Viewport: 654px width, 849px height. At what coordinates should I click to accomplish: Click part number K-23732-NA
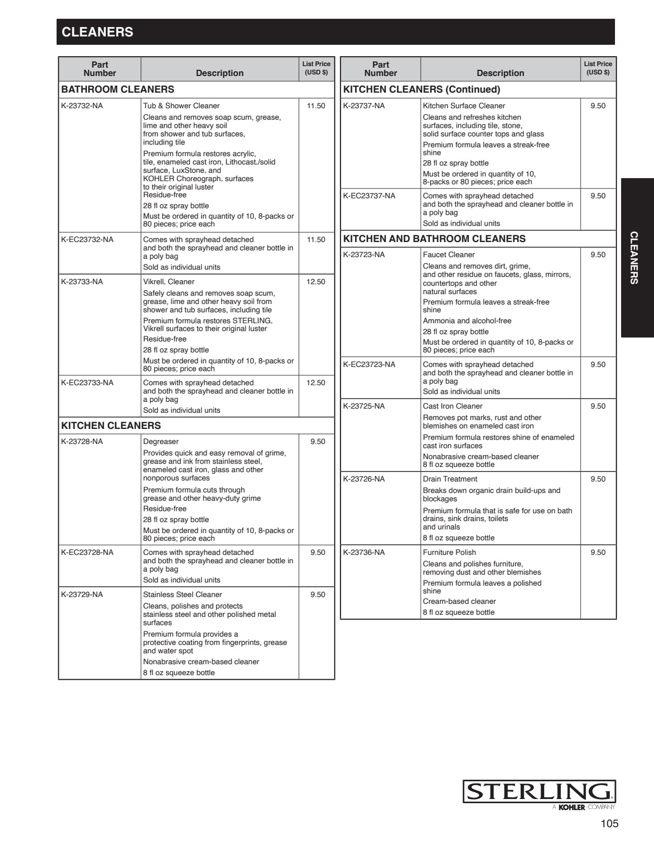[82, 106]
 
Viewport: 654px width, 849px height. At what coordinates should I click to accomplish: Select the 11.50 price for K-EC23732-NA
[316, 239]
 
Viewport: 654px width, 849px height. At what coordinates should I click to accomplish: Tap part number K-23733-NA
[82, 282]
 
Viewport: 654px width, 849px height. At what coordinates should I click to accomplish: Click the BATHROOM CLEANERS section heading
[118, 90]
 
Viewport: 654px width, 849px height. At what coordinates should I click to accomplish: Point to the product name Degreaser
[161, 441]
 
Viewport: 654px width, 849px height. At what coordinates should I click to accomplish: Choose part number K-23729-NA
[82, 594]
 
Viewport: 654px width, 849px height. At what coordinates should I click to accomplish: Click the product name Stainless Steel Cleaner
[182, 594]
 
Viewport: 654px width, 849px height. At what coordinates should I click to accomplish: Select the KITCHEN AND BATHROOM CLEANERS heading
[434, 239]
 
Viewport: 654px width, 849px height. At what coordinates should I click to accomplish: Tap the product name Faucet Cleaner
[448, 255]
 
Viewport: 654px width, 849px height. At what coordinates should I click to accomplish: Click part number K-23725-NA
[363, 406]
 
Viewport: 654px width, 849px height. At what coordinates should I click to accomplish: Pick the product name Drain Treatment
[450, 479]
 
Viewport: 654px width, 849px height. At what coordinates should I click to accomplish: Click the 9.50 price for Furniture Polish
[598, 552]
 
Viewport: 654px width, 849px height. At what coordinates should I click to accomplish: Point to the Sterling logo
[539, 792]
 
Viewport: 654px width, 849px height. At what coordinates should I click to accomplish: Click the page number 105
[609, 823]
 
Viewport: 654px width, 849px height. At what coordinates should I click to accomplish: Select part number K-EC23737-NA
[369, 196]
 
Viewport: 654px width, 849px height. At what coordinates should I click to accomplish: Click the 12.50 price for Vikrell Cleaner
[316, 282]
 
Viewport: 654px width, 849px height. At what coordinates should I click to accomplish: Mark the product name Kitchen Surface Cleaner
[463, 106]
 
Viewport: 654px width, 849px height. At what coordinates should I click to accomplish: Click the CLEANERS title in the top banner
[97, 32]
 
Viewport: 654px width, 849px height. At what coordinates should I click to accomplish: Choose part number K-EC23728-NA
[87, 552]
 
